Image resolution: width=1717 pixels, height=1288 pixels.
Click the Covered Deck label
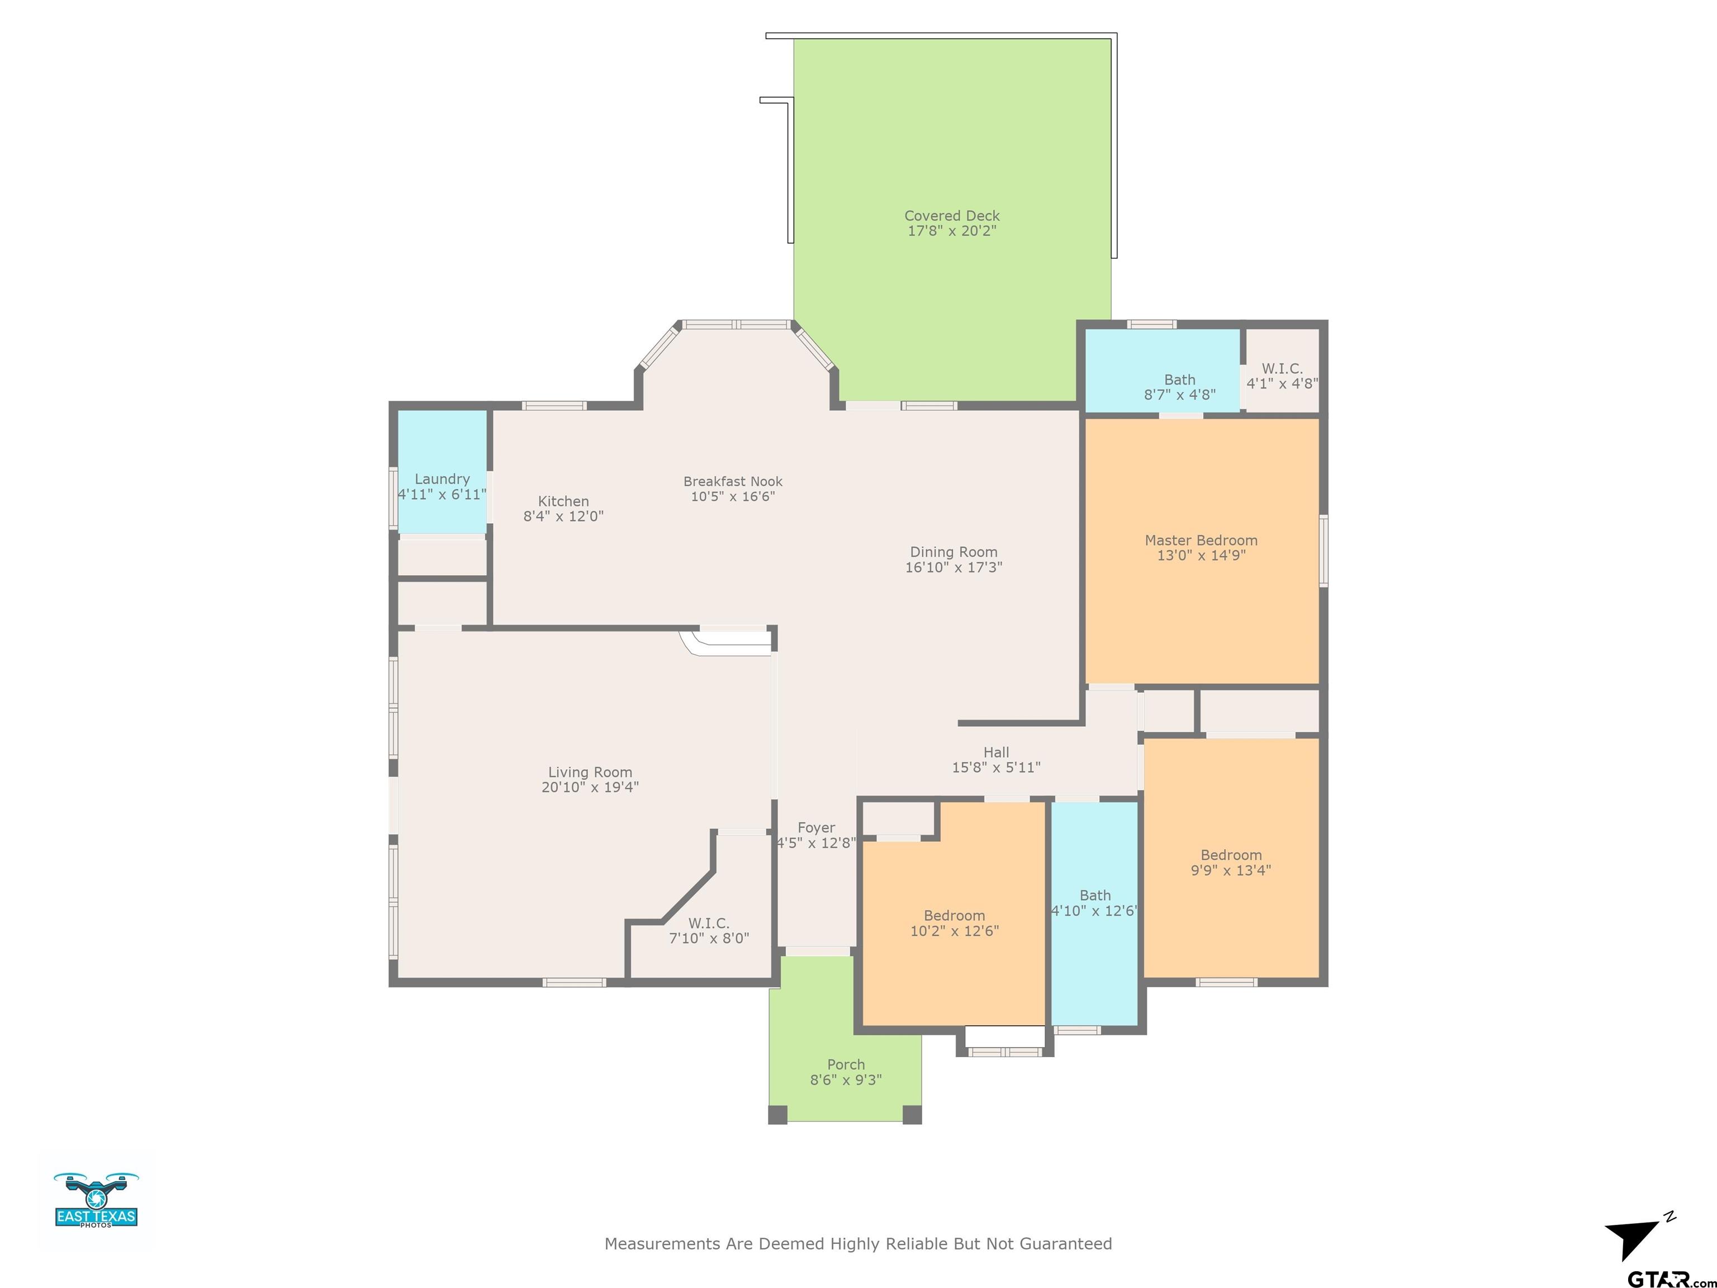pos(952,216)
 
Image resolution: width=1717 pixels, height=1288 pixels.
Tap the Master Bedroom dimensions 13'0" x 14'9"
pos(1201,555)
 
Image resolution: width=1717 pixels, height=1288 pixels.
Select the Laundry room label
pos(442,479)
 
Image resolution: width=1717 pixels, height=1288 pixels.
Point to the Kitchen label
pos(563,501)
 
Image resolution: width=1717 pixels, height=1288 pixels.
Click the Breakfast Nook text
pos(733,481)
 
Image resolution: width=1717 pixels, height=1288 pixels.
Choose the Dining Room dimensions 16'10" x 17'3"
pos(953,567)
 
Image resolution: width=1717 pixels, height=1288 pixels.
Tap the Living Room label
pos(590,771)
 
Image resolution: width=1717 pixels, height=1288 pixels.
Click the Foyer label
pos(816,827)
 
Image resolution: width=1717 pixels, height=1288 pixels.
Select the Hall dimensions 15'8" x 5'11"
pos(996,767)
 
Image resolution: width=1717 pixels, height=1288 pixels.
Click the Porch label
pos(845,1064)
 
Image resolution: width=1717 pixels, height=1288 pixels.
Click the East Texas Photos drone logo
pos(96,1200)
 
